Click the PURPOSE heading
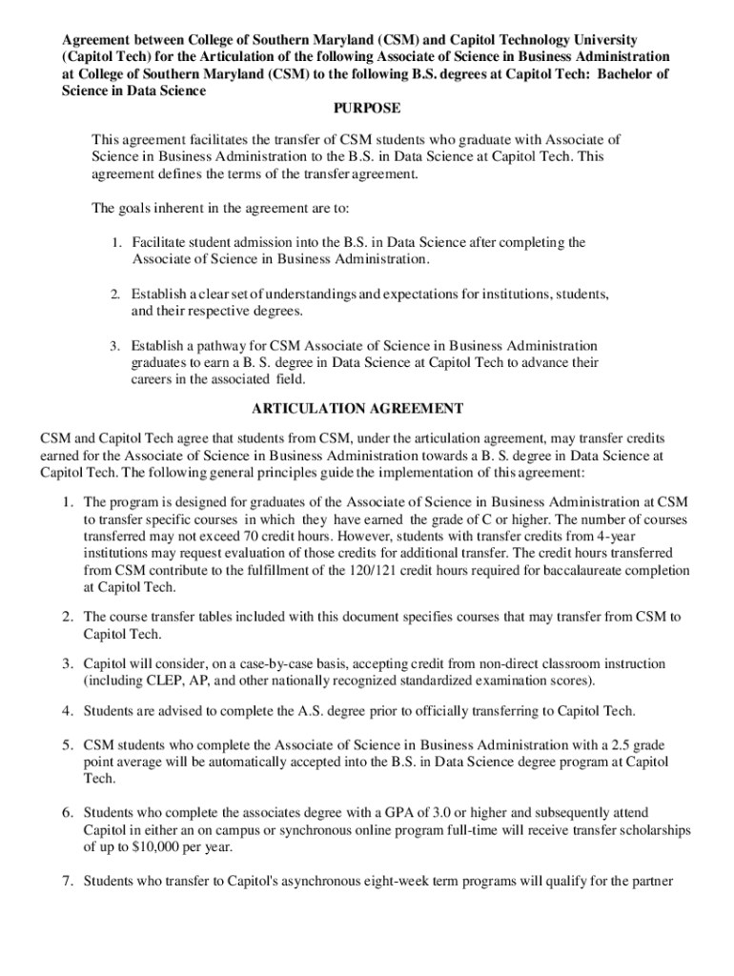(x=366, y=109)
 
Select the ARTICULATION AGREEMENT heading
(x=357, y=409)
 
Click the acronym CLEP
(x=164, y=680)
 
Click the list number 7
(x=69, y=881)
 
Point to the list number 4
(x=69, y=711)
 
